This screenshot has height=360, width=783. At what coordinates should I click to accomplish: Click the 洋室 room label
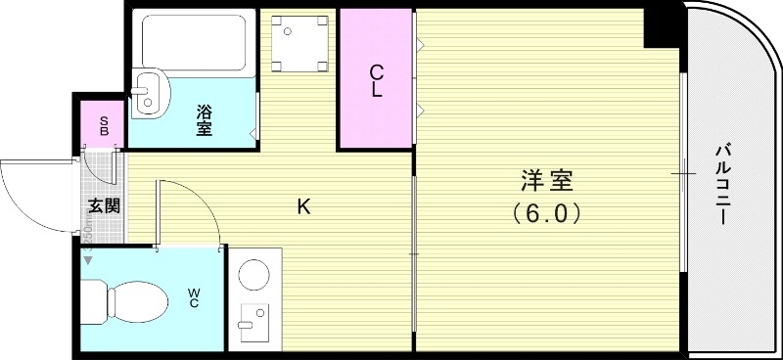[547, 180]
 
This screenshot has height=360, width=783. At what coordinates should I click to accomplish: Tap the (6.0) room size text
[547, 211]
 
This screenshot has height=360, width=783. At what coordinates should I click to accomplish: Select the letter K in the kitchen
[304, 206]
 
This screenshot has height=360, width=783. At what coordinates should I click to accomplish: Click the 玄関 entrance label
[104, 205]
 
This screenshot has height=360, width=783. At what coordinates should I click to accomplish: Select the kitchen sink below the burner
[254, 324]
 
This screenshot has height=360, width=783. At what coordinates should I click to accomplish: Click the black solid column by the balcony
[662, 25]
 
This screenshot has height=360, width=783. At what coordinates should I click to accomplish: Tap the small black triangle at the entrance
[87, 260]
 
